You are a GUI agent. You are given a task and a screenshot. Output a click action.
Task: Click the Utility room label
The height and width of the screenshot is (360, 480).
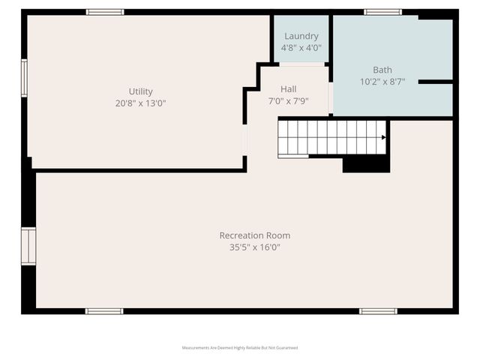(140, 91)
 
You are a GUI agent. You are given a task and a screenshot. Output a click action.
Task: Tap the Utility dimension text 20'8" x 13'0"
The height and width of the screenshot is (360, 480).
(140, 103)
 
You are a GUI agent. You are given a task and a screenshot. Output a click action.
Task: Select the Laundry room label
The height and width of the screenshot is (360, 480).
(301, 36)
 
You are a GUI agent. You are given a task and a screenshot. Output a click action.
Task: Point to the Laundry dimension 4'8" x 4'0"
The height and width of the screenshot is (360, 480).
(301, 47)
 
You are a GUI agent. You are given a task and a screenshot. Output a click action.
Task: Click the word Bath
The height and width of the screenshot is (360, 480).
(382, 70)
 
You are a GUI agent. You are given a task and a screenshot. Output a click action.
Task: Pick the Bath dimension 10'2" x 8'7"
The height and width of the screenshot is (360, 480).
(382, 82)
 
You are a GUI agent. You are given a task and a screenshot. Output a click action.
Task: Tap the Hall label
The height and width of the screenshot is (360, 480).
(289, 89)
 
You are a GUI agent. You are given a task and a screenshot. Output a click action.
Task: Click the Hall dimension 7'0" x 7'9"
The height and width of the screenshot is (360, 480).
(289, 100)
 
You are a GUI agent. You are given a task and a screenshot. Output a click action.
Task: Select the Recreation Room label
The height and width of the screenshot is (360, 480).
(255, 235)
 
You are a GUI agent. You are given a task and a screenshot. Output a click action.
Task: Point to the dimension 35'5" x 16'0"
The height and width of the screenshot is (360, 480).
(255, 247)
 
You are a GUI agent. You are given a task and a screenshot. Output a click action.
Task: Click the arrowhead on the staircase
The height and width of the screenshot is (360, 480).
(384, 137)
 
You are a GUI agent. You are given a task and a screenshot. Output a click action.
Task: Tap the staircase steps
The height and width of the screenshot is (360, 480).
(330, 137)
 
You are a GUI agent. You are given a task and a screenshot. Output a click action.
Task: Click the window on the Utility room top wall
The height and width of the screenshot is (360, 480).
(105, 12)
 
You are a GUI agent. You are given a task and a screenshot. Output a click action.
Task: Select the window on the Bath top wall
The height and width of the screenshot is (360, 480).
(382, 12)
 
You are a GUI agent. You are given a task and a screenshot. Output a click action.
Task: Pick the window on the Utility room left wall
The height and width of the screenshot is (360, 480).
(24, 78)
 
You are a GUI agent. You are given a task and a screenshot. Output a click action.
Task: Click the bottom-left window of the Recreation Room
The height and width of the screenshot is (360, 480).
(104, 311)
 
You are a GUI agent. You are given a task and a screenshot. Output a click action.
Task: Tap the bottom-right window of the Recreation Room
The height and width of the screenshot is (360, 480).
(378, 311)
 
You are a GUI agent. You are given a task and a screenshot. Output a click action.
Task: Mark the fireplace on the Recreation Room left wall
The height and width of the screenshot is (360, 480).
(28, 247)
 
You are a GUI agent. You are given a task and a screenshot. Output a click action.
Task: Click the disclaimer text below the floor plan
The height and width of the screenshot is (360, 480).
(240, 348)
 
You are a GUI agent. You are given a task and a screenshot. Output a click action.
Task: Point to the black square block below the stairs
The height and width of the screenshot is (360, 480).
(366, 164)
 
